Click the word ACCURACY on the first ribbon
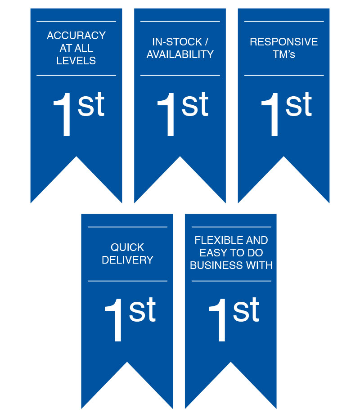click(76, 36)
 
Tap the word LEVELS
click(76, 61)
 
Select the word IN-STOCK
click(177, 42)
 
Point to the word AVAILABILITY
click(180, 54)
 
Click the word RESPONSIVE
click(284, 42)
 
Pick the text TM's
click(284, 54)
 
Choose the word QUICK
click(127, 247)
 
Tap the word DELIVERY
click(127, 260)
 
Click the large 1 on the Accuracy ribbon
click(63, 114)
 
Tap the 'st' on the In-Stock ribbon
click(195, 104)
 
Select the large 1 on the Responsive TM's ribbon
click(270, 114)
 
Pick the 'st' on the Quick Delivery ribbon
click(142, 309)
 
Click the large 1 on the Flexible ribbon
click(217, 320)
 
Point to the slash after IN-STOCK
click(207, 42)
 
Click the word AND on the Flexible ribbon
click(257, 240)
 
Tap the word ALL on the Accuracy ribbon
click(85, 48)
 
